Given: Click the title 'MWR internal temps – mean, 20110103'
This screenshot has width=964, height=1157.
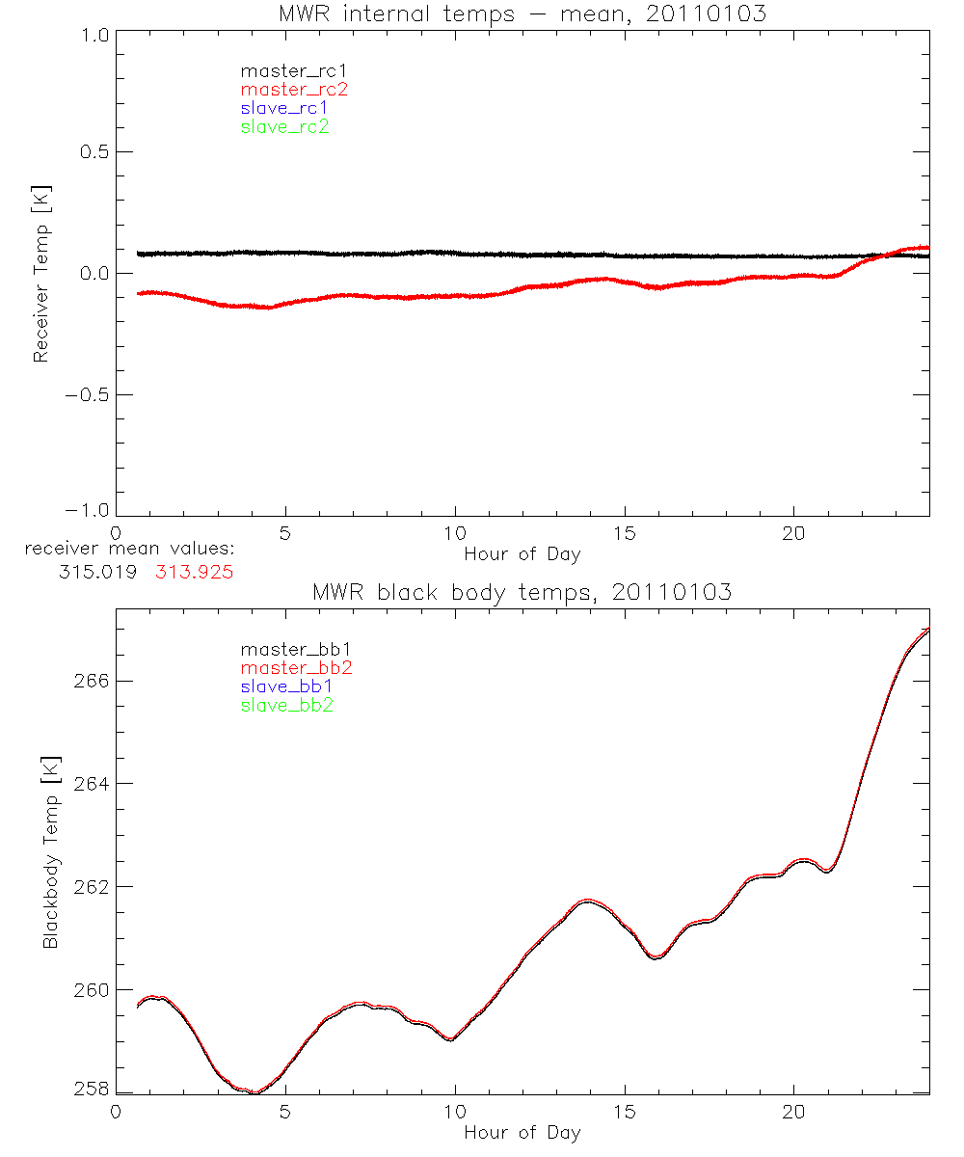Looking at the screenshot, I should (522, 13).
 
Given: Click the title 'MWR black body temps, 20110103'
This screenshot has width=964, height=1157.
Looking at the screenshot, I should (522, 592).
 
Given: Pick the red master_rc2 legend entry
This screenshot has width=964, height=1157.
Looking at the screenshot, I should (293, 89).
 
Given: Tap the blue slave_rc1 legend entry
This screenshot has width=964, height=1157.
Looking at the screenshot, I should (284, 107).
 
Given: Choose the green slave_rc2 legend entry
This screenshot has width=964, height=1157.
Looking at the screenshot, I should (284, 126).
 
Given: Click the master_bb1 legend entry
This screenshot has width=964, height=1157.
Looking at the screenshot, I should (288, 649).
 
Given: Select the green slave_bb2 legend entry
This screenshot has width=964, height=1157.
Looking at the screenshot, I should (288, 705).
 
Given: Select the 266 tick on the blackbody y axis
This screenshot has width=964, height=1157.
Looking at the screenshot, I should (91, 681).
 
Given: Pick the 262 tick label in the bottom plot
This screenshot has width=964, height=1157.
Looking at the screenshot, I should (91, 887).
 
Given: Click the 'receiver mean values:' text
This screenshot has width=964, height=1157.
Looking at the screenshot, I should (129, 550).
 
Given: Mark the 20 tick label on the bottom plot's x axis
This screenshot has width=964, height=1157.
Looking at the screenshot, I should (793, 1110).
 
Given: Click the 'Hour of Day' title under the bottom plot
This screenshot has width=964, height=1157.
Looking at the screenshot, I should (522, 1132).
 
